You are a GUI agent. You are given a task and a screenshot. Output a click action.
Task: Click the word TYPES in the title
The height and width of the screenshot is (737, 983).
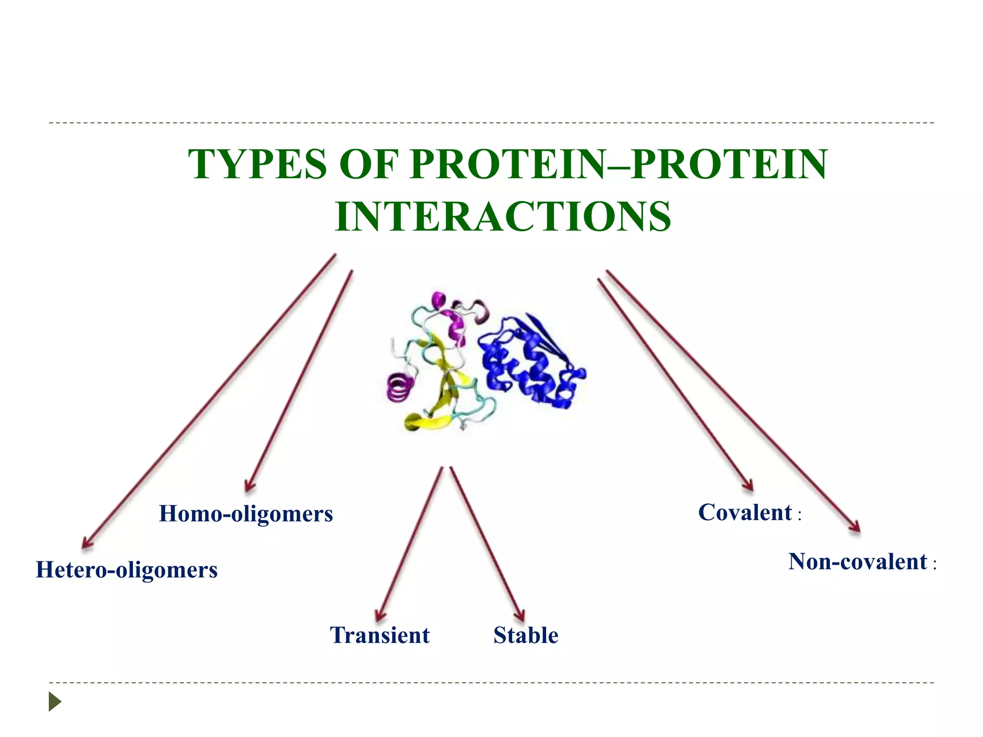click(258, 165)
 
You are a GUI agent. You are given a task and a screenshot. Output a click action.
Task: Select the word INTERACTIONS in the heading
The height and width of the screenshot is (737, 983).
click(503, 217)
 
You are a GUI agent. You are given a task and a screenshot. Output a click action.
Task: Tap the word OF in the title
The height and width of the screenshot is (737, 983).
click(369, 165)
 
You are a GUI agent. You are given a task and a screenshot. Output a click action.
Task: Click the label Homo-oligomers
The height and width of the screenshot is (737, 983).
click(246, 514)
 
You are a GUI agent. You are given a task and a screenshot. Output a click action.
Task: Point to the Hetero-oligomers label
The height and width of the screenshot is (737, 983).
click(127, 570)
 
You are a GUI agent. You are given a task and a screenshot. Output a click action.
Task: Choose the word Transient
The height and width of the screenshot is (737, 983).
click(380, 635)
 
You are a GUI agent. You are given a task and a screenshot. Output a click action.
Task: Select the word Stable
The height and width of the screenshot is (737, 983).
click(526, 635)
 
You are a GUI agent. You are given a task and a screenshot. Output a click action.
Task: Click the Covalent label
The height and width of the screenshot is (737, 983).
click(745, 512)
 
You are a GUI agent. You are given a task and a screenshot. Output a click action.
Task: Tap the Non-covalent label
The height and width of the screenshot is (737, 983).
click(858, 562)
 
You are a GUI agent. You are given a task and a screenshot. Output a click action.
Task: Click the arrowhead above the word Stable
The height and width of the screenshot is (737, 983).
click(520, 616)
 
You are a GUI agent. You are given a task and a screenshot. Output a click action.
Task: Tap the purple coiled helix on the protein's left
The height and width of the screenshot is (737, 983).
click(400, 388)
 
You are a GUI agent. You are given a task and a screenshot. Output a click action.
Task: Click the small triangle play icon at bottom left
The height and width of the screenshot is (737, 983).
click(55, 701)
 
